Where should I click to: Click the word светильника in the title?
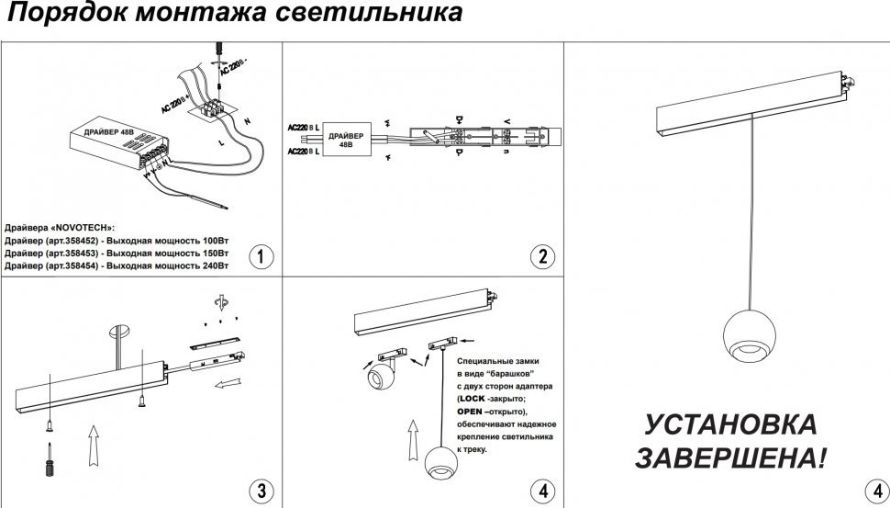coord(378,15)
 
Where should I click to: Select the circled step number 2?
coord(544,256)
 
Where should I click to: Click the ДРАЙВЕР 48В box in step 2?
coord(345,140)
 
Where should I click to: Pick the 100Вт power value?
coord(208,239)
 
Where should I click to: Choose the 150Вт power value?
coord(208,252)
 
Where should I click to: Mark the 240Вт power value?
coord(208,265)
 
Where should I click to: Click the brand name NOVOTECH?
coord(84,226)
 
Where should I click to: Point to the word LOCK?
coord(473,400)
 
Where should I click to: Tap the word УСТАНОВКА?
coord(730,425)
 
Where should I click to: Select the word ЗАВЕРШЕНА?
coord(730,457)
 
